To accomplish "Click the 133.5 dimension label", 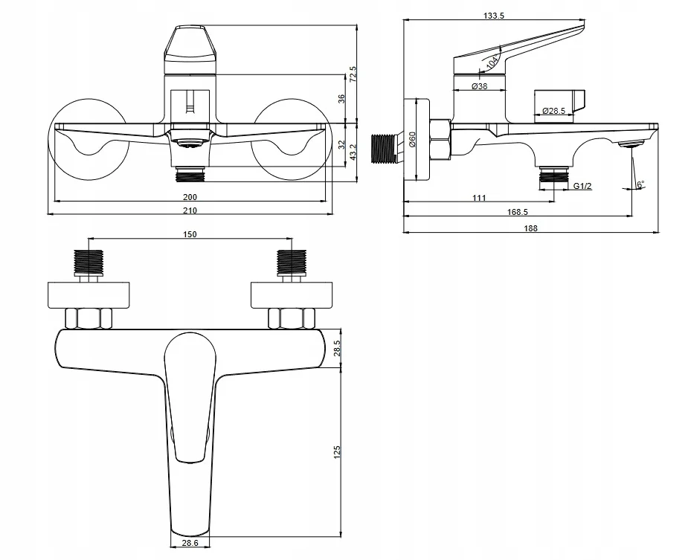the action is [x=494, y=16].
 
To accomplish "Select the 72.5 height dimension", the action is [x=353, y=74].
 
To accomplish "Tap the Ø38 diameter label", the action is [x=480, y=86].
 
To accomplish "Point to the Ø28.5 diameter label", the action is [x=553, y=111].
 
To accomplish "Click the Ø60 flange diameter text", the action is [x=412, y=139].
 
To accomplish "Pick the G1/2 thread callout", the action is [x=582, y=186].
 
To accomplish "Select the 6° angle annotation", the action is [x=641, y=184].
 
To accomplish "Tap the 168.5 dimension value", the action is [x=518, y=212].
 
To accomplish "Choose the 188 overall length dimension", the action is [x=530, y=228].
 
